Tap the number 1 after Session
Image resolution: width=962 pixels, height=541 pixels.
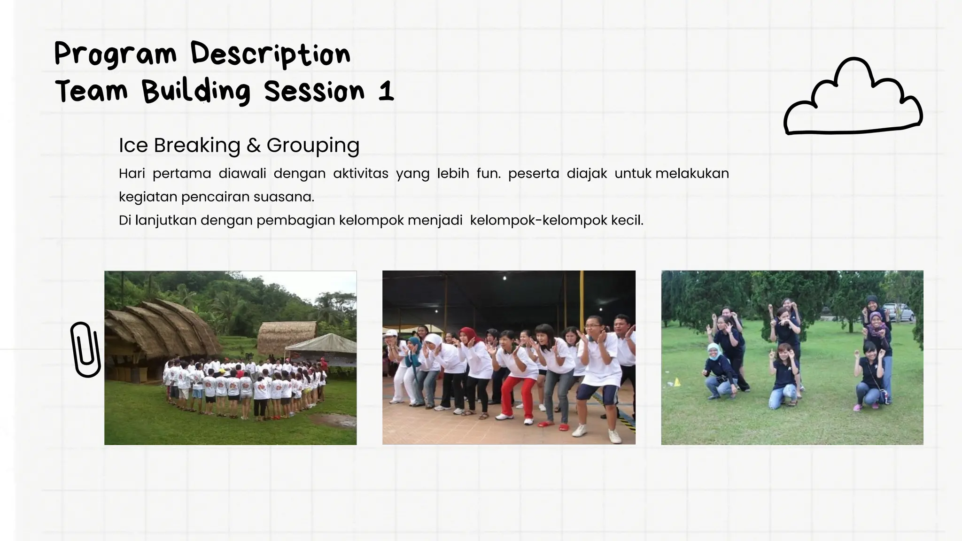point(386,91)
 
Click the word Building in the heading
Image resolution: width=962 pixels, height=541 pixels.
point(196,91)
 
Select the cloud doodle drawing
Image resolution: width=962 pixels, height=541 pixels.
point(852,99)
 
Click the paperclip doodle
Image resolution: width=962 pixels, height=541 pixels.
point(85,350)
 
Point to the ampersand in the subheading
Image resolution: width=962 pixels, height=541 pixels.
point(253,146)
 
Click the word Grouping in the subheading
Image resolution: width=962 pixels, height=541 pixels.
point(313,146)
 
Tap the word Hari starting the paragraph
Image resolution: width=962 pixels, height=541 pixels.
point(132,174)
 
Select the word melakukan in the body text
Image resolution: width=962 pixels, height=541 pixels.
point(692,174)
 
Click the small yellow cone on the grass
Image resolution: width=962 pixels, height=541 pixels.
point(677,382)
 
